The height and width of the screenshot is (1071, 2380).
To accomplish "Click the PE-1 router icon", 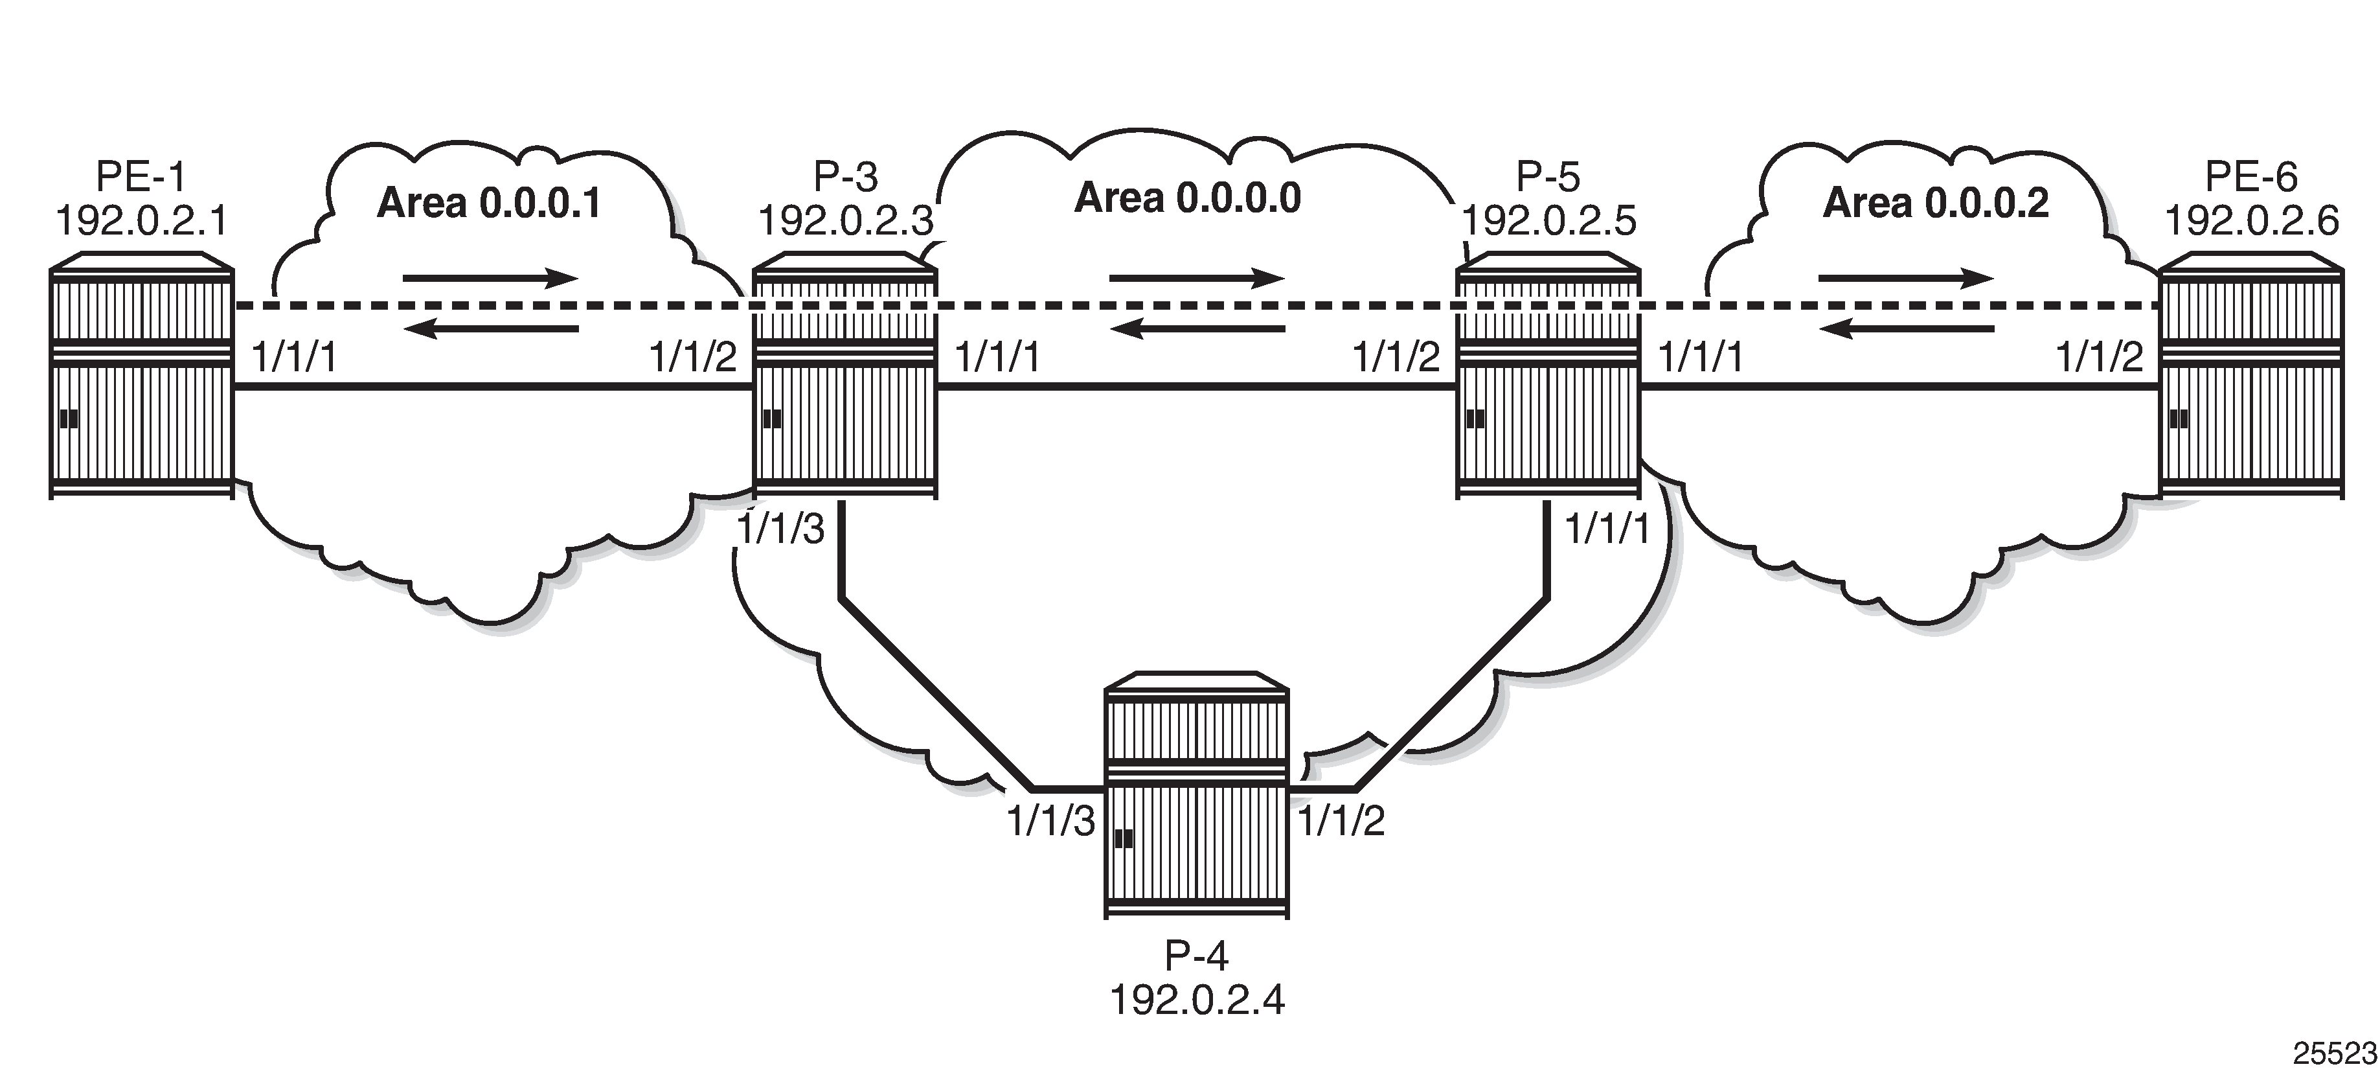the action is click(x=141, y=376).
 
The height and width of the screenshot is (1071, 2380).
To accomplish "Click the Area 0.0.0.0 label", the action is click(x=1187, y=199).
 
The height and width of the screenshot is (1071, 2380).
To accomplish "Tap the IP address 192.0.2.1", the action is click(x=141, y=221).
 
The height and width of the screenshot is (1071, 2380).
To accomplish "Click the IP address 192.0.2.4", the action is click(x=1197, y=1000).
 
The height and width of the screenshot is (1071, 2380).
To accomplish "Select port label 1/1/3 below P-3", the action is click(x=781, y=531).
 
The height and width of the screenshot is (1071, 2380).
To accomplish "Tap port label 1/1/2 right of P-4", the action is click(x=1341, y=820).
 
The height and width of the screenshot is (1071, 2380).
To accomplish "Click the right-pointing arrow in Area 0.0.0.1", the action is click(x=490, y=278).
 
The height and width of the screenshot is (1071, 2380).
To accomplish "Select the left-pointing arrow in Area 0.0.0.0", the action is click(x=1197, y=329).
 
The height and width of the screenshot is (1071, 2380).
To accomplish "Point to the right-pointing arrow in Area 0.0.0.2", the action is click(x=1906, y=278).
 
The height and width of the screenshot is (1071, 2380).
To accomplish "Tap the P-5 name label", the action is click(x=1548, y=176).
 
